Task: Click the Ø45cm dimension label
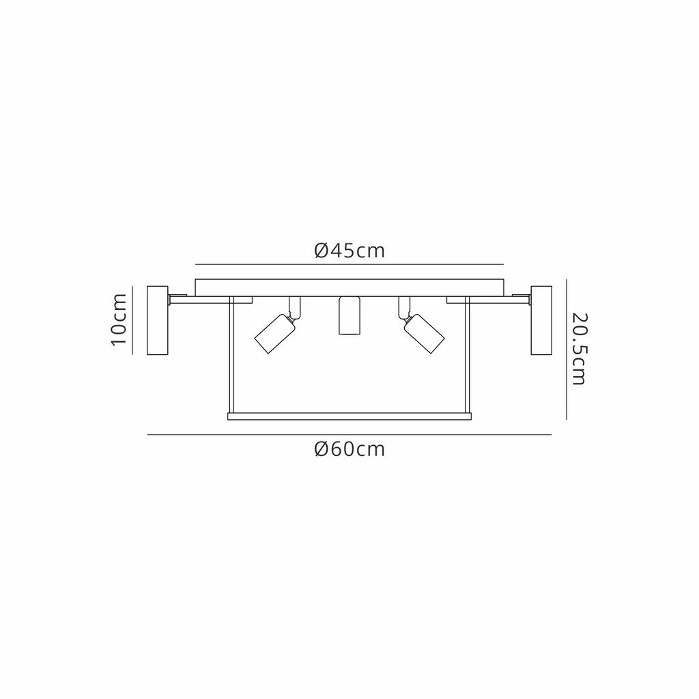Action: pos(349,251)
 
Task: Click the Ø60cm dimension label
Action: pos(349,449)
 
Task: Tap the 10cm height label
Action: pos(119,319)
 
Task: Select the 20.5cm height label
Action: pos(580,349)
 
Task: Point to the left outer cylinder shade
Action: pos(158,321)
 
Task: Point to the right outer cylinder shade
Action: pos(541,321)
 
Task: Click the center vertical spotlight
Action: pos(349,315)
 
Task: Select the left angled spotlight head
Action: pos(274,333)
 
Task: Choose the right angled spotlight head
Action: pos(424,333)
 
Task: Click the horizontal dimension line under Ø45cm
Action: pos(349,264)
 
